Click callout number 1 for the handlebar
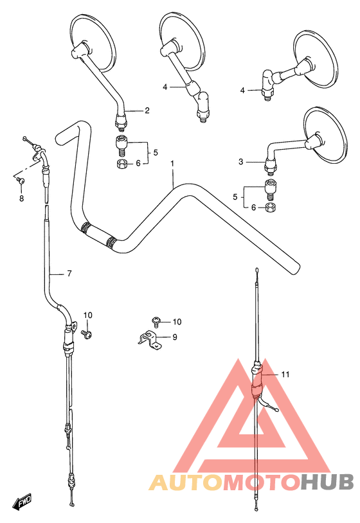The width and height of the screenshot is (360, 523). coord(172,164)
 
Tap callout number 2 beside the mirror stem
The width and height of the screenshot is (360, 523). coord(147,111)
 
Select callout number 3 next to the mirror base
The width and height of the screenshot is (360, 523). coord(241,162)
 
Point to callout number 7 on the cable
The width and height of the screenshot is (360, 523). coord(69,274)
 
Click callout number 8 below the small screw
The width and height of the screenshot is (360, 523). coord(21,199)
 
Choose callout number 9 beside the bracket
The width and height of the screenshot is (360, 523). coord(175,337)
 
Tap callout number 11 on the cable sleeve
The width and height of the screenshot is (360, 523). coord(285,375)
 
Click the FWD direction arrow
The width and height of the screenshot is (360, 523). coord(22,501)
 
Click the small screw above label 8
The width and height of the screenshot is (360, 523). coord(21,181)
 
